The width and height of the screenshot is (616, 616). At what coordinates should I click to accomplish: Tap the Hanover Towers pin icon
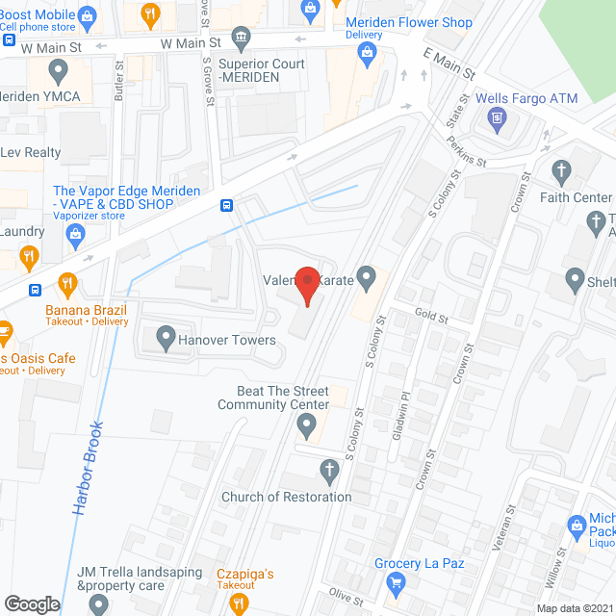pos(166,339)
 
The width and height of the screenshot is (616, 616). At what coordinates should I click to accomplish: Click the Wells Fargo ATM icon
pos(497,119)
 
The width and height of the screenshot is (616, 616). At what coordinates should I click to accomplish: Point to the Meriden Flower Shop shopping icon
pos(367,54)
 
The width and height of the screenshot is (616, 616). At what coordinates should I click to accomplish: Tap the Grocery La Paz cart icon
pos(395,583)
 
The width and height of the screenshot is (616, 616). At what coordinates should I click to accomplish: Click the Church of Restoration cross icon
pos(329,473)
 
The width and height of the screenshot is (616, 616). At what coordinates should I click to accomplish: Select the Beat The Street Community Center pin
pos(307,423)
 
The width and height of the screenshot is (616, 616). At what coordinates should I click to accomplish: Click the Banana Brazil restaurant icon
pos(66,284)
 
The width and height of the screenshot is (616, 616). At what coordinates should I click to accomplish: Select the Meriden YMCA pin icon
pos(58,70)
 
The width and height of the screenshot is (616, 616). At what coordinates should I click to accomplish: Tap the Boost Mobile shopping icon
pos(88,14)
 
